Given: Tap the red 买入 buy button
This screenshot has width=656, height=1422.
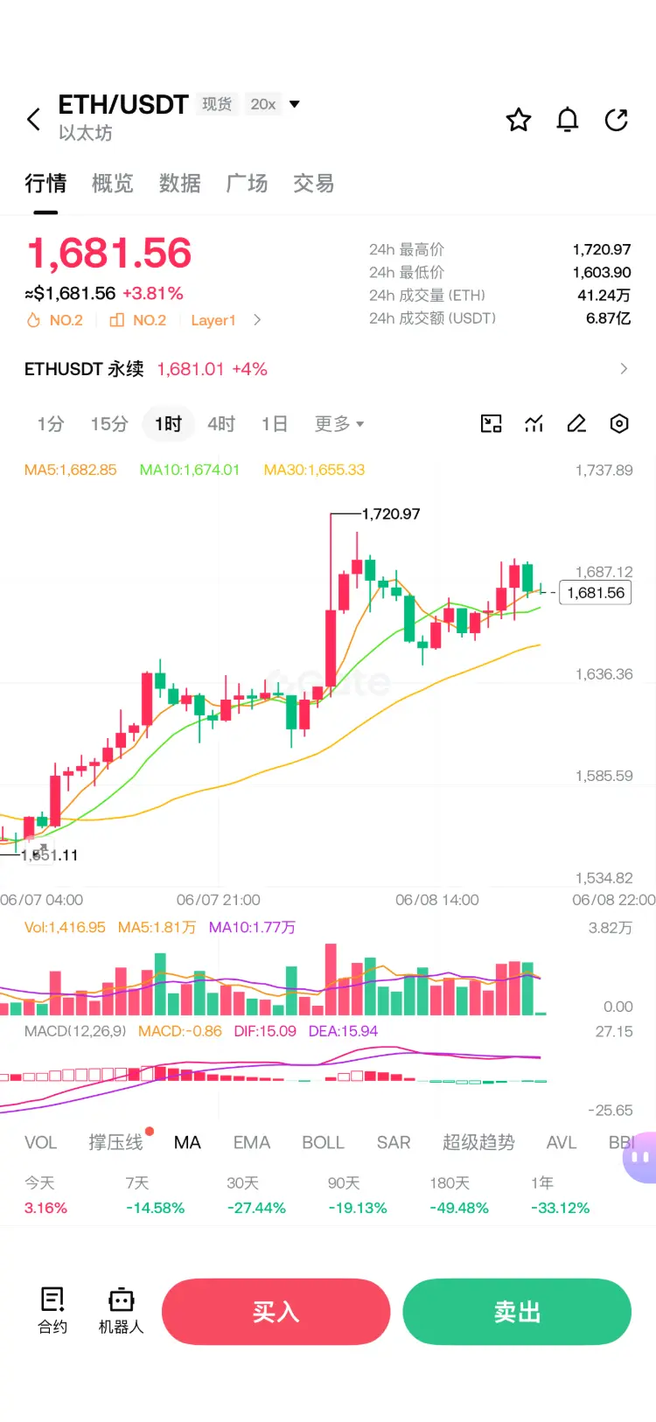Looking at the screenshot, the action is (x=276, y=1312).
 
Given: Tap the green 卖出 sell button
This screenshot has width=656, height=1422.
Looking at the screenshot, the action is (x=517, y=1312).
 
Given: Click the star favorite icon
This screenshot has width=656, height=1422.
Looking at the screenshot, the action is (x=518, y=120).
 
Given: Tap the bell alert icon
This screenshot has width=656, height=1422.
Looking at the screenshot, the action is (x=567, y=120).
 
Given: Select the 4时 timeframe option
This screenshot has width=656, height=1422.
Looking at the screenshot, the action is (x=221, y=423).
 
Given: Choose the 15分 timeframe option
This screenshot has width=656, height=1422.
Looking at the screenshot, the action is (x=109, y=423).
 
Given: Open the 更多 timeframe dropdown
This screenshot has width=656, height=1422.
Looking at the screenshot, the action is (x=339, y=423).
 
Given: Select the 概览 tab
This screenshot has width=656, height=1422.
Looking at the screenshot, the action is (x=113, y=184).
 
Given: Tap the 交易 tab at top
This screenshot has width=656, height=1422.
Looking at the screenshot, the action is (x=314, y=184).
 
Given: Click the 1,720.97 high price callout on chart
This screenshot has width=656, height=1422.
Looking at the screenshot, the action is (x=391, y=513).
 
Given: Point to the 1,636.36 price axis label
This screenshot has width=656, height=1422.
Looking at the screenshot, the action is (x=604, y=674).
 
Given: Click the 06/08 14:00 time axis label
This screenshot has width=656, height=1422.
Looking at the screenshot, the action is (x=437, y=900).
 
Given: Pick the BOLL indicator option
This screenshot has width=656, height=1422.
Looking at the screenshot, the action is (x=324, y=1143).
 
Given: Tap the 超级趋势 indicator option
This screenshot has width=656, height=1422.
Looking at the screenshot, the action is (x=478, y=1143).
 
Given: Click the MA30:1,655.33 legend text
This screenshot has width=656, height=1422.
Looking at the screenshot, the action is (x=314, y=470).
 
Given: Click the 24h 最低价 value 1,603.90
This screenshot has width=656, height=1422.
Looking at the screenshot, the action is (x=602, y=272).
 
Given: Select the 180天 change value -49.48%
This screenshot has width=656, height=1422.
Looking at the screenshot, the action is (x=459, y=1208).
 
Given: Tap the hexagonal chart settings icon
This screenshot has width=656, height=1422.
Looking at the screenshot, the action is (x=619, y=423).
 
